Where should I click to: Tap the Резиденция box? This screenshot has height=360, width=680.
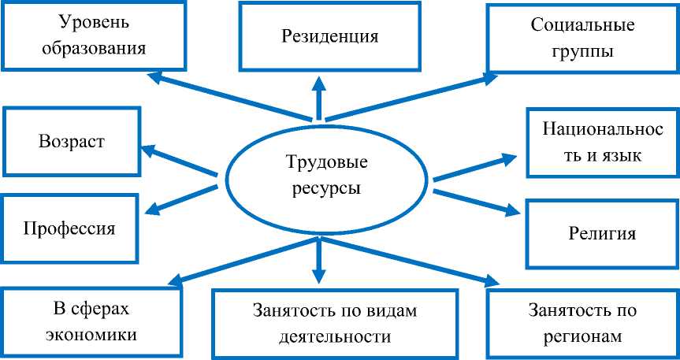(329, 36)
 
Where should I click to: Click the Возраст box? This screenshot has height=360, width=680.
(72, 142)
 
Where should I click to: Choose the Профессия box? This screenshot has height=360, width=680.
(70, 229)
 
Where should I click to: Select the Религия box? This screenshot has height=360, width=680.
(602, 234)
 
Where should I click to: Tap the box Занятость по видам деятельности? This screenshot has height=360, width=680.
(334, 323)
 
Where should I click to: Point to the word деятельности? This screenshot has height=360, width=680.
(334, 337)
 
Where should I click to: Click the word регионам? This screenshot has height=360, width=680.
(582, 336)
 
